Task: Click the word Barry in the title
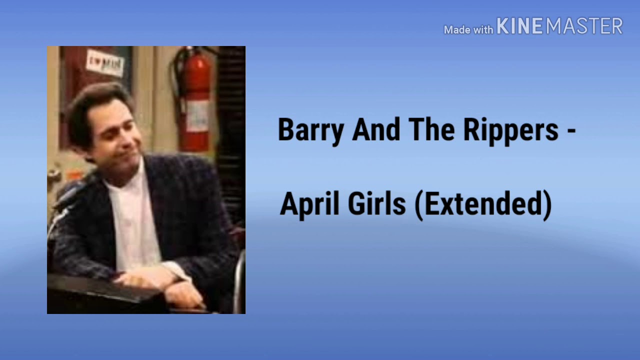310,130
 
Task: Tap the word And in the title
376,130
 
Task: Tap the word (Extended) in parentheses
483,204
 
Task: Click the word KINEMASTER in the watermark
559,26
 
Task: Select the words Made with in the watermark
468,30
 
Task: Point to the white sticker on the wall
104,62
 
